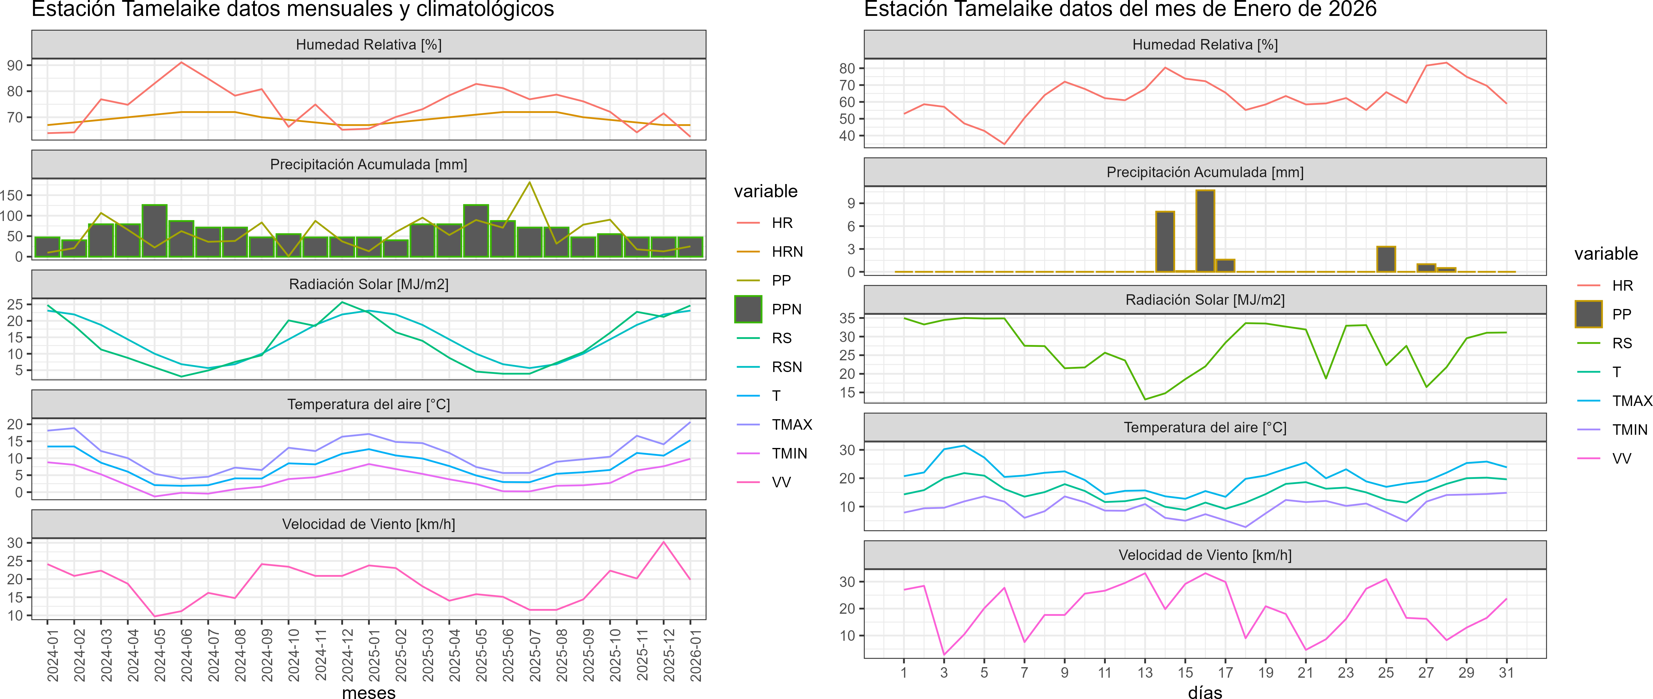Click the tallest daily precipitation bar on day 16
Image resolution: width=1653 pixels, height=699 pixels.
(1205, 231)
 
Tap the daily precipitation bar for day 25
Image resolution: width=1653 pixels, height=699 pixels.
(1386, 259)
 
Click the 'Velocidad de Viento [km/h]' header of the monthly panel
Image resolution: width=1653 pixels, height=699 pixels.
(369, 524)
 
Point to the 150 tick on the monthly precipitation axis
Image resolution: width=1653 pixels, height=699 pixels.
(11, 195)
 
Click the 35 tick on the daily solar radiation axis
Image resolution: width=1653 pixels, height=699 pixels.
(847, 318)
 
